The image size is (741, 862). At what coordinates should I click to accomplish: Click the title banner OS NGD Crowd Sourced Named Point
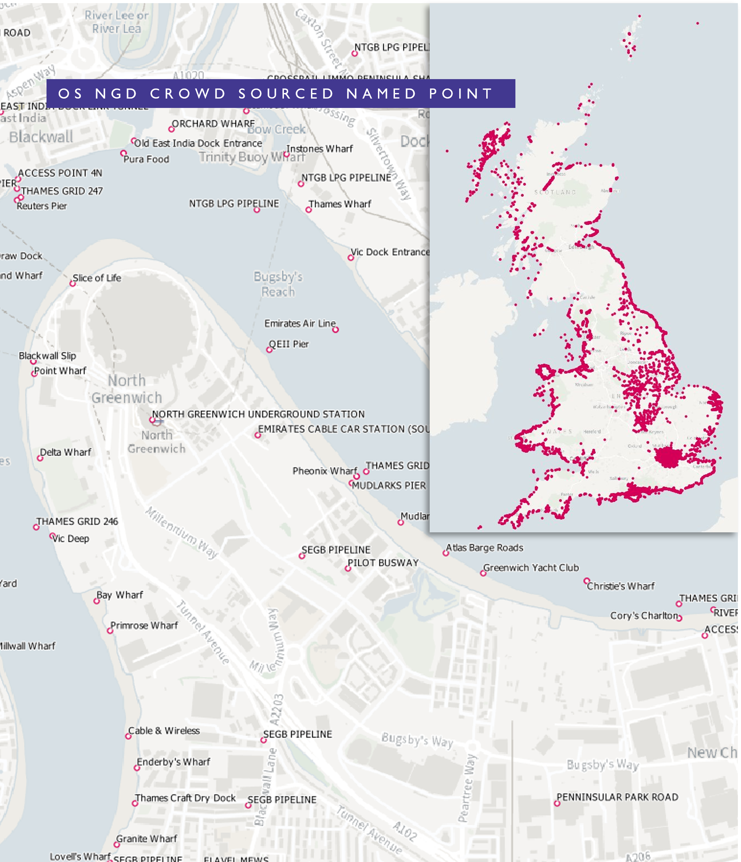280,94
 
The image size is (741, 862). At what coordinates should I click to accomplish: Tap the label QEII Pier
289,344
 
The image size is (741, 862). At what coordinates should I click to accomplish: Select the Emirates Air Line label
300,323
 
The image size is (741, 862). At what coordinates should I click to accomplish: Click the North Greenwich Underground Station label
258,414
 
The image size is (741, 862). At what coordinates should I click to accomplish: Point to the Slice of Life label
96,278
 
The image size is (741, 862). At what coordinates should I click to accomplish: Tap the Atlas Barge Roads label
484,548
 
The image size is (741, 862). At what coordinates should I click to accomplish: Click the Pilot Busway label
383,563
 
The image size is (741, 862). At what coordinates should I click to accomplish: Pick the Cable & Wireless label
163,730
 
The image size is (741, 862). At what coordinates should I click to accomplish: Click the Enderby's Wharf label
173,762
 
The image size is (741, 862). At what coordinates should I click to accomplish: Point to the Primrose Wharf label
144,625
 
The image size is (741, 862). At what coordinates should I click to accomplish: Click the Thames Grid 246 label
77,521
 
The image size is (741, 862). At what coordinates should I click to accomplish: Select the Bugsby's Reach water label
278,284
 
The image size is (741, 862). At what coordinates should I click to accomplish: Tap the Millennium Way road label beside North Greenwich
182,533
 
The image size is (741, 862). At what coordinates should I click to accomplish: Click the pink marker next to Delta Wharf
40,458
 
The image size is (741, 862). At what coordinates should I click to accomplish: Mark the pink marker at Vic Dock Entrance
351,258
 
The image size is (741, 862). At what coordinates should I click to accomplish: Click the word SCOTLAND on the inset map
555,192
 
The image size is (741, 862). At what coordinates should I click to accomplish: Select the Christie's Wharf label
620,586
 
